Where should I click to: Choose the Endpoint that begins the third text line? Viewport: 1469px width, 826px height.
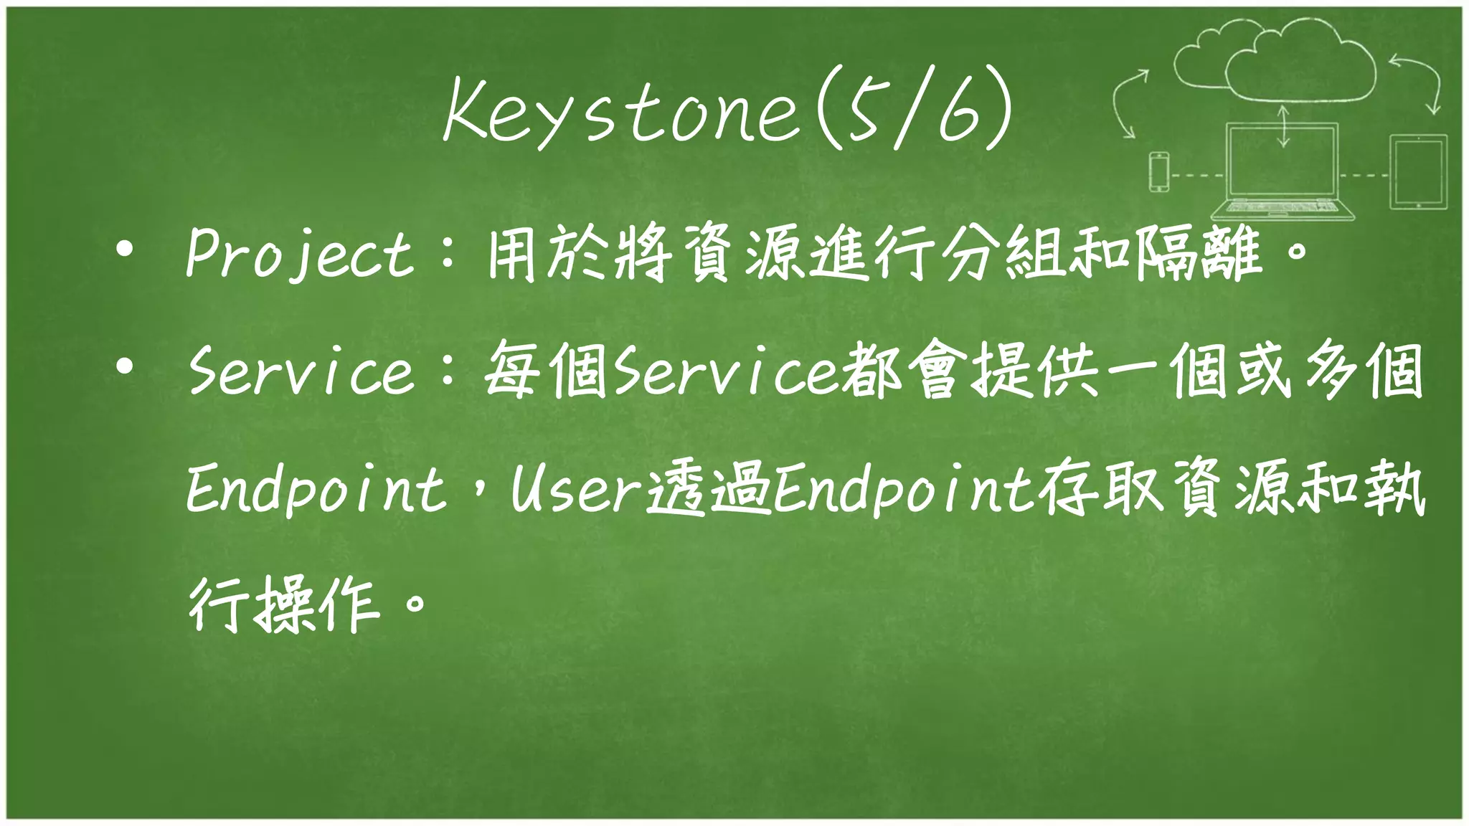click(x=316, y=491)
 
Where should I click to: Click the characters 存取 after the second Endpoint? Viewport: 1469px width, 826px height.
click(x=1105, y=491)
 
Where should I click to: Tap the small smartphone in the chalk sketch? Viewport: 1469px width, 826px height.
click(x=1159, y=172)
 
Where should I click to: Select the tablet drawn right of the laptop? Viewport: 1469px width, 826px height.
click(x=1418, y=172)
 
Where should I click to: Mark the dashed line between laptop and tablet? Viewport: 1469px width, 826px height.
click(x=1364, y=174)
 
